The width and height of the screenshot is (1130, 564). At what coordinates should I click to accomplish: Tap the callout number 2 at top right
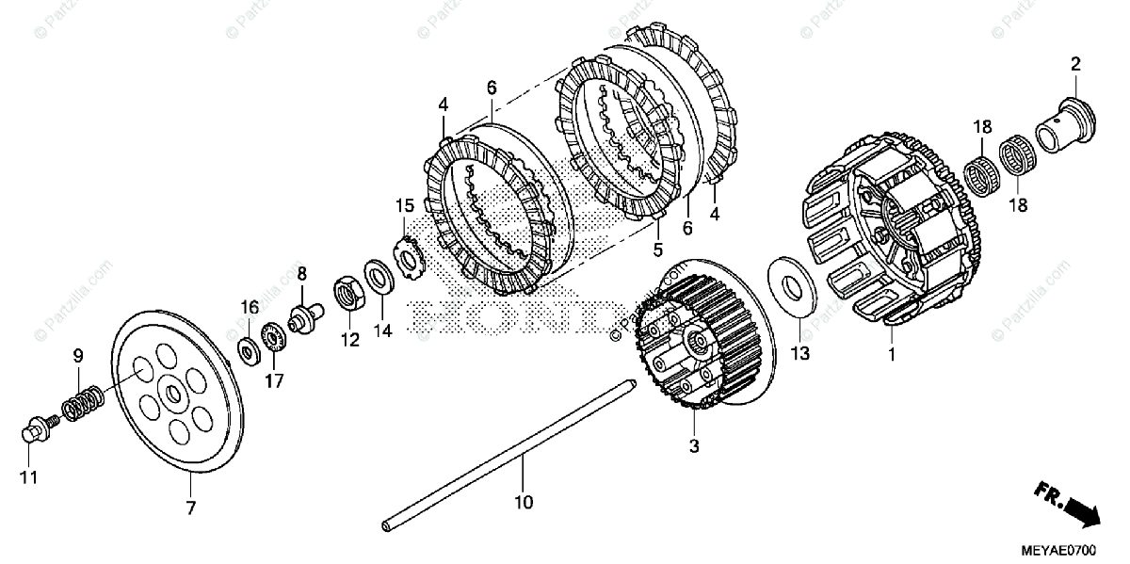(1074, 64)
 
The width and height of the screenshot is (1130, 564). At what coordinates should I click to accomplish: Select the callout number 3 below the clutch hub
(694, 446)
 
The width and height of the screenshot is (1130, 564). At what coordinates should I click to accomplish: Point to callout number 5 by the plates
(658, 250)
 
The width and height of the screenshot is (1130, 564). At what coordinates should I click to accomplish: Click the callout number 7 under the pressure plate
(191, 508)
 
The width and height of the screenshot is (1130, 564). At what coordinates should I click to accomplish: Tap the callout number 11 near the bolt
(29, 477)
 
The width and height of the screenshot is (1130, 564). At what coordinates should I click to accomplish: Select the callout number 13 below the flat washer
(799, 353)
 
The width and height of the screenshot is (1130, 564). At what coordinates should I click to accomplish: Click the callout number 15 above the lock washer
(404, 205)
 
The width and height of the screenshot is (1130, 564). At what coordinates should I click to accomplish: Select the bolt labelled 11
(35, 431)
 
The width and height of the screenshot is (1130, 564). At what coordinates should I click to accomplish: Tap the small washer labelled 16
(249, 350)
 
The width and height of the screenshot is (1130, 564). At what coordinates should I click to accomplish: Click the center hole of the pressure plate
(176, 389)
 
